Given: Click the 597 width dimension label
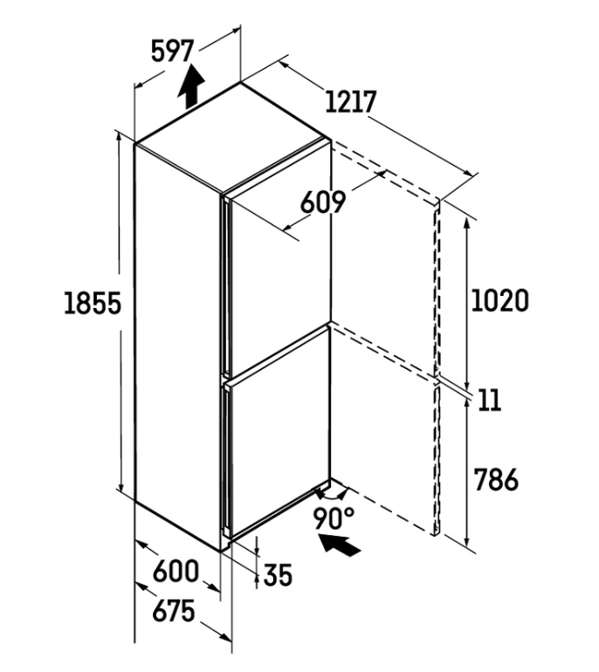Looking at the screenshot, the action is [x=173, y=51].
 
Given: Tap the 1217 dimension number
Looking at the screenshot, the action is [x=351, y=101].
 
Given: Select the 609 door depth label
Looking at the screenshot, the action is [x=322, y=202].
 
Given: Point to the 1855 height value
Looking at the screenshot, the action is [x=93, y=303].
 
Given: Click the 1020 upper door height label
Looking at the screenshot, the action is [x=500, y=300].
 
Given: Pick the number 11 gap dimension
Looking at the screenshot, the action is [x=489, y=401].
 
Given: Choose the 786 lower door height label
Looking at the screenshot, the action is [x=496, y=479].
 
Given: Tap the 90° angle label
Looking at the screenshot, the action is [x=334, y=518].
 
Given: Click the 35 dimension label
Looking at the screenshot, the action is [x=278, y=575].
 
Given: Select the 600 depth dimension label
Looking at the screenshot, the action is [x=176, y=571].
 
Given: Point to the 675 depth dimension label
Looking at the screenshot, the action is [x=174, y=611].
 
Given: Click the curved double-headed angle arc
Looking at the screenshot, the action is [x=330, y=497].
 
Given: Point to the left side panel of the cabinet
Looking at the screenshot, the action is [x=178, y=347].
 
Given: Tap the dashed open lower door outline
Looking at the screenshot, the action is [x=385, y=429].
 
